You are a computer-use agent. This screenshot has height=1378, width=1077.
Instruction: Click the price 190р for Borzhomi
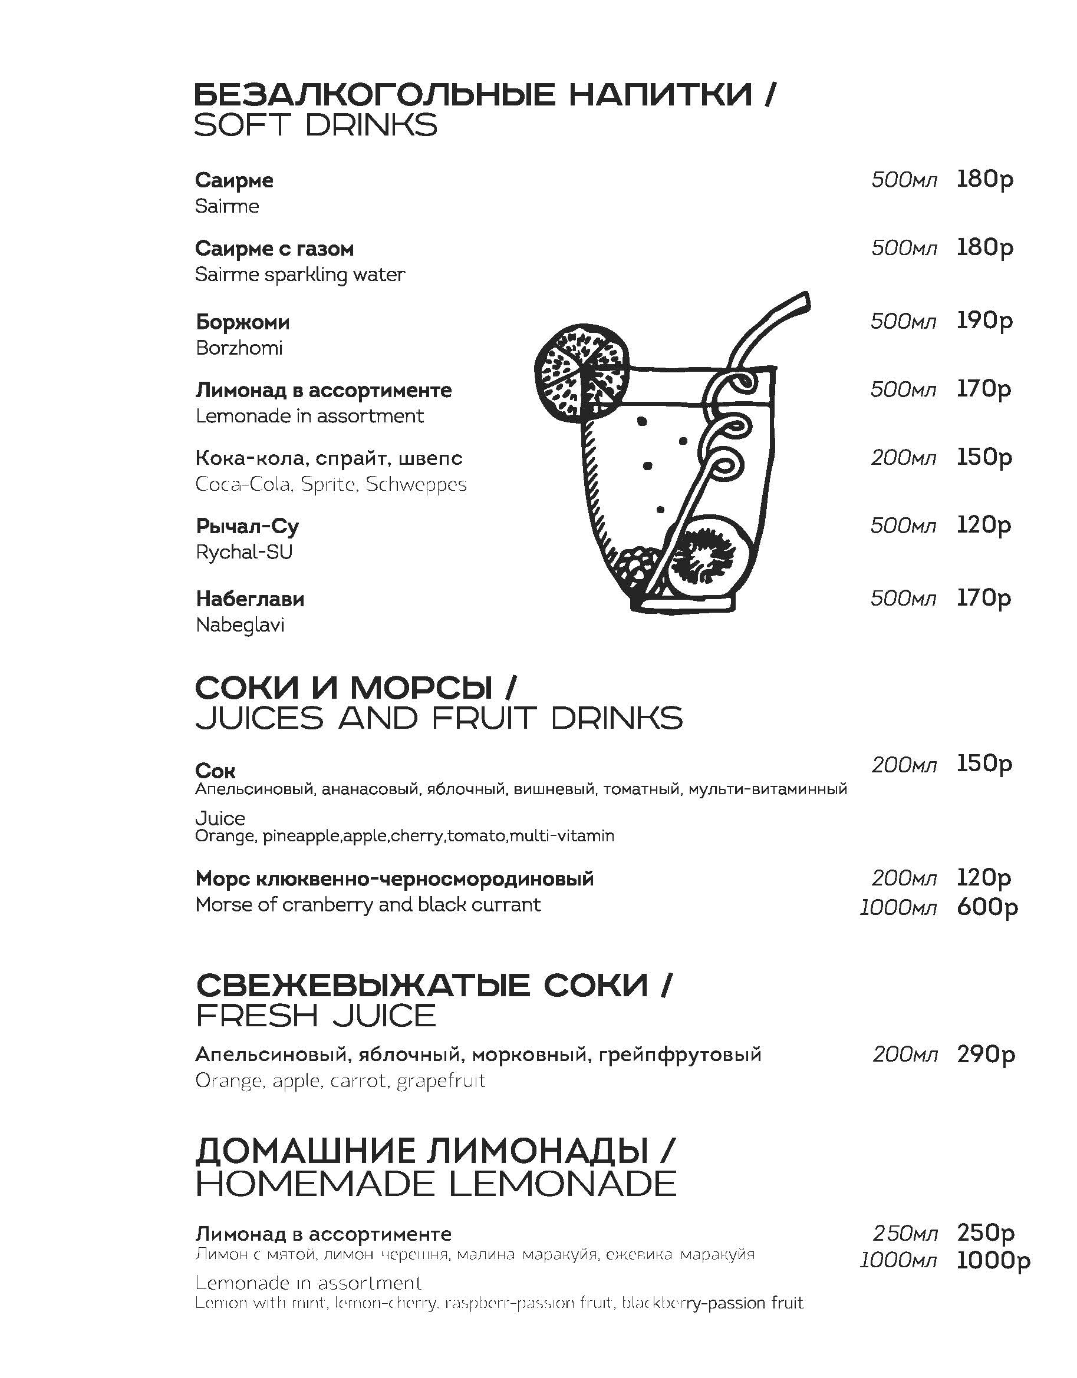(984, 321)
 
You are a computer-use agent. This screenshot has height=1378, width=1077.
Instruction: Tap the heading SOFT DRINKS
(315, 125)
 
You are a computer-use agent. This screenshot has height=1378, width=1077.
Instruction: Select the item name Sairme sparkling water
(300, 275)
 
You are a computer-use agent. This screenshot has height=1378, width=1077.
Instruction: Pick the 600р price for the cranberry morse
(987, 907)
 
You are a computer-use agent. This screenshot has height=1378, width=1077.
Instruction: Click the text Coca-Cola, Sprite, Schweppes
(331, 485)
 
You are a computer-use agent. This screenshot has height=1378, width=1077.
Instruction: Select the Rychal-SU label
(244, 552)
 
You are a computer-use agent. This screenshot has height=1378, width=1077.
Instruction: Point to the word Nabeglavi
(240, 624)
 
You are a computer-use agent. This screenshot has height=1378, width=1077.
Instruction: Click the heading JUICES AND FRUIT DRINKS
(439, 718)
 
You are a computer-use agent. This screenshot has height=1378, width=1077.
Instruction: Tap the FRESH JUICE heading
(315, 1016)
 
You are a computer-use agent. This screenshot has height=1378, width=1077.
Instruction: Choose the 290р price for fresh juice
(986, 1055)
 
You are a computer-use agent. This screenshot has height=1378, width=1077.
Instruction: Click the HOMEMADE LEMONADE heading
(436, 1184)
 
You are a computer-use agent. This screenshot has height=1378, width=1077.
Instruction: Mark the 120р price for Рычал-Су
(983, 525)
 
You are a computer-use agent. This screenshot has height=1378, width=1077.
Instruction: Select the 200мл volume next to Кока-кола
(903, 457)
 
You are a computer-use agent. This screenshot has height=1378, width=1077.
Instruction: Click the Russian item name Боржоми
(242, 322)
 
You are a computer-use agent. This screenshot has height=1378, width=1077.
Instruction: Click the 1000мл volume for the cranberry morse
(898, 908)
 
